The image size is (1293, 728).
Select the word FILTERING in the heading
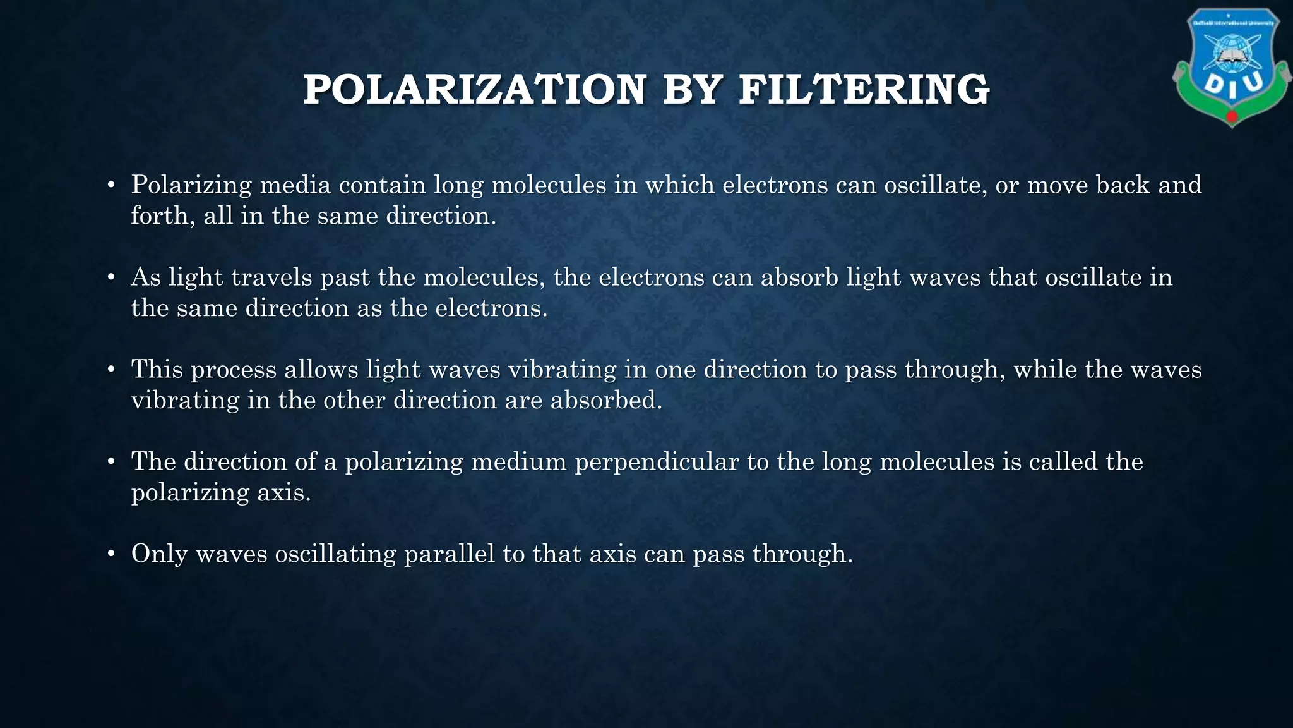(x=864, y=90)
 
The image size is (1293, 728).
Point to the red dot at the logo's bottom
(x=1232, y=118)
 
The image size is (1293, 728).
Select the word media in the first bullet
(x=295, y=185)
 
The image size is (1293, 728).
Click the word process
(x=234, y=370)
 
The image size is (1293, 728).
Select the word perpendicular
(x=657, y=463)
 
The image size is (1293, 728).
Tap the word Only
(x=160, y=554)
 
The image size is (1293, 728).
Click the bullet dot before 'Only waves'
(x=111, y=555)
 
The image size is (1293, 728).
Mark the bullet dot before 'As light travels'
(x=111, y=278)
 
